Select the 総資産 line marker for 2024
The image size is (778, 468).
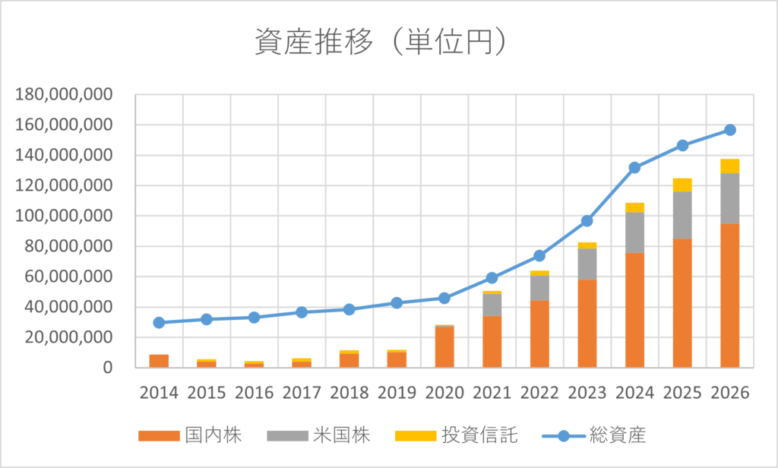(634, 168)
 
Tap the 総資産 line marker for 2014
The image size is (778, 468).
(159, 322)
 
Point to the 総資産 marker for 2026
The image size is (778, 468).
(729, 130)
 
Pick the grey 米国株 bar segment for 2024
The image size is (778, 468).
(634, 232)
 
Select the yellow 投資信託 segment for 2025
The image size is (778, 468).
(682, 185)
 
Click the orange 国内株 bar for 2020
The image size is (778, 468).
(444, 347)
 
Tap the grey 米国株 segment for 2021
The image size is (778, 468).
(492, 305)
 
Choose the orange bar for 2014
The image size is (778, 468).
(159, 361)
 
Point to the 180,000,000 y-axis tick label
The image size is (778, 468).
(64, 95)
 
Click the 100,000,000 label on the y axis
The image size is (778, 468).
(64, 217)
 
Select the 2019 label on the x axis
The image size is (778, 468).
(397, 393)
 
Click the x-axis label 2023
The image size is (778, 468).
(587, 393)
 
